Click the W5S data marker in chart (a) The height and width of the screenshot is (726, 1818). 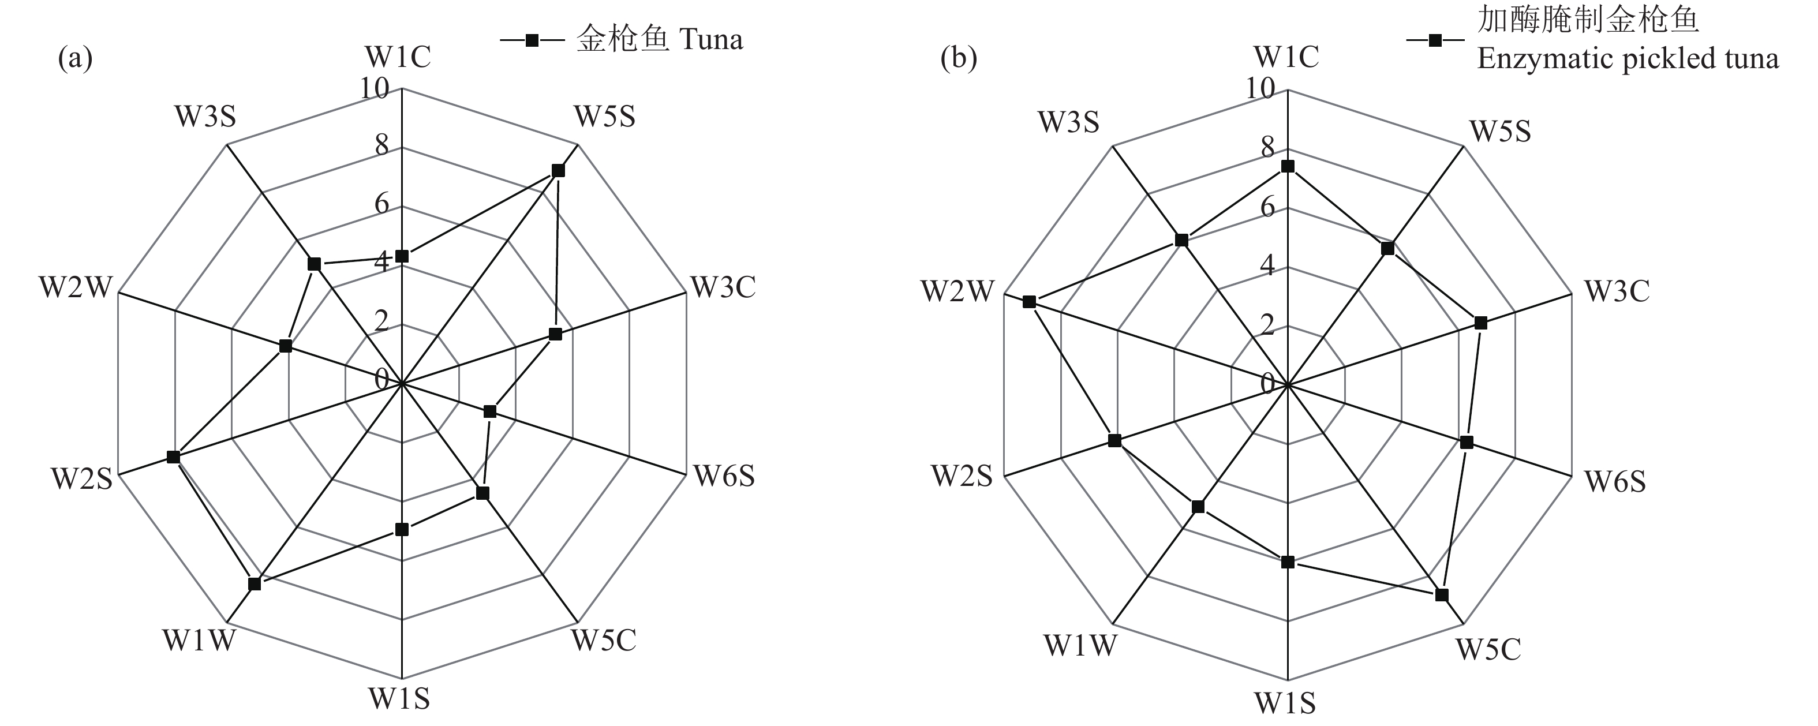(558, 171)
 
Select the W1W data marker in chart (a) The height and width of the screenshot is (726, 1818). (255, 583)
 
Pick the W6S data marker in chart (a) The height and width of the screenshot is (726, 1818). (491, 411)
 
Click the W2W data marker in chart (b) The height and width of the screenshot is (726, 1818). (1029, 302)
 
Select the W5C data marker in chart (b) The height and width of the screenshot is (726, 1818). (1442, 595)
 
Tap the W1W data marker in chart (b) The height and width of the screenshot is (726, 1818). (1198, 507)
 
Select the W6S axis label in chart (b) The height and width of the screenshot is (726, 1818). (1615, 481)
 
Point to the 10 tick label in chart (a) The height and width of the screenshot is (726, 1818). (374, 89)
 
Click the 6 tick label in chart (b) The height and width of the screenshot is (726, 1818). (1267, 207)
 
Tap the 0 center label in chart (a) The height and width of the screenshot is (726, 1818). (382, 380)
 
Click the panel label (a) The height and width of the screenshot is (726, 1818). (75, 58)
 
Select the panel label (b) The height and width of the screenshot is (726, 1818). (959, 58)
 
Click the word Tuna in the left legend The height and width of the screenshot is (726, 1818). (710, 39)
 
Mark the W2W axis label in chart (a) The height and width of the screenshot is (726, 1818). (76, 288)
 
